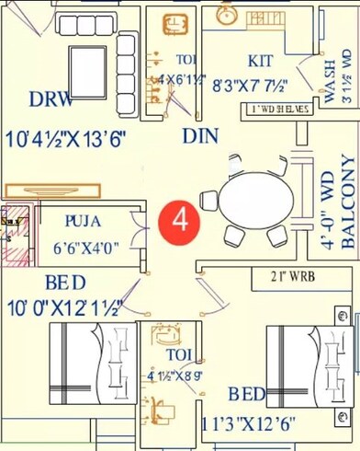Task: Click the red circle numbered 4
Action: click(x=180, y=222)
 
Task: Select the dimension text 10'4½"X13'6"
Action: click(x=65, y=140)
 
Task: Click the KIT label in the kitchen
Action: click(x=261, y=61)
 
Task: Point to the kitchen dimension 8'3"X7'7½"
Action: click(x=251, y=86)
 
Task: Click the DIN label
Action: click(x=199, y=136)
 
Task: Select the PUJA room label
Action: click(x=84, y=222)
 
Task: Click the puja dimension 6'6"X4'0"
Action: click(x=86, y=248)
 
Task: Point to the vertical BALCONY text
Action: click(x=348, y=202)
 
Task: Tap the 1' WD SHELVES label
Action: click(x=279, y=110)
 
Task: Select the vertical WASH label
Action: click(x=330, y=82)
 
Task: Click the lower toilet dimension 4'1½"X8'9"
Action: click(x=175, y=375)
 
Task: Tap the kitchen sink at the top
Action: click(x=225, y=15)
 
